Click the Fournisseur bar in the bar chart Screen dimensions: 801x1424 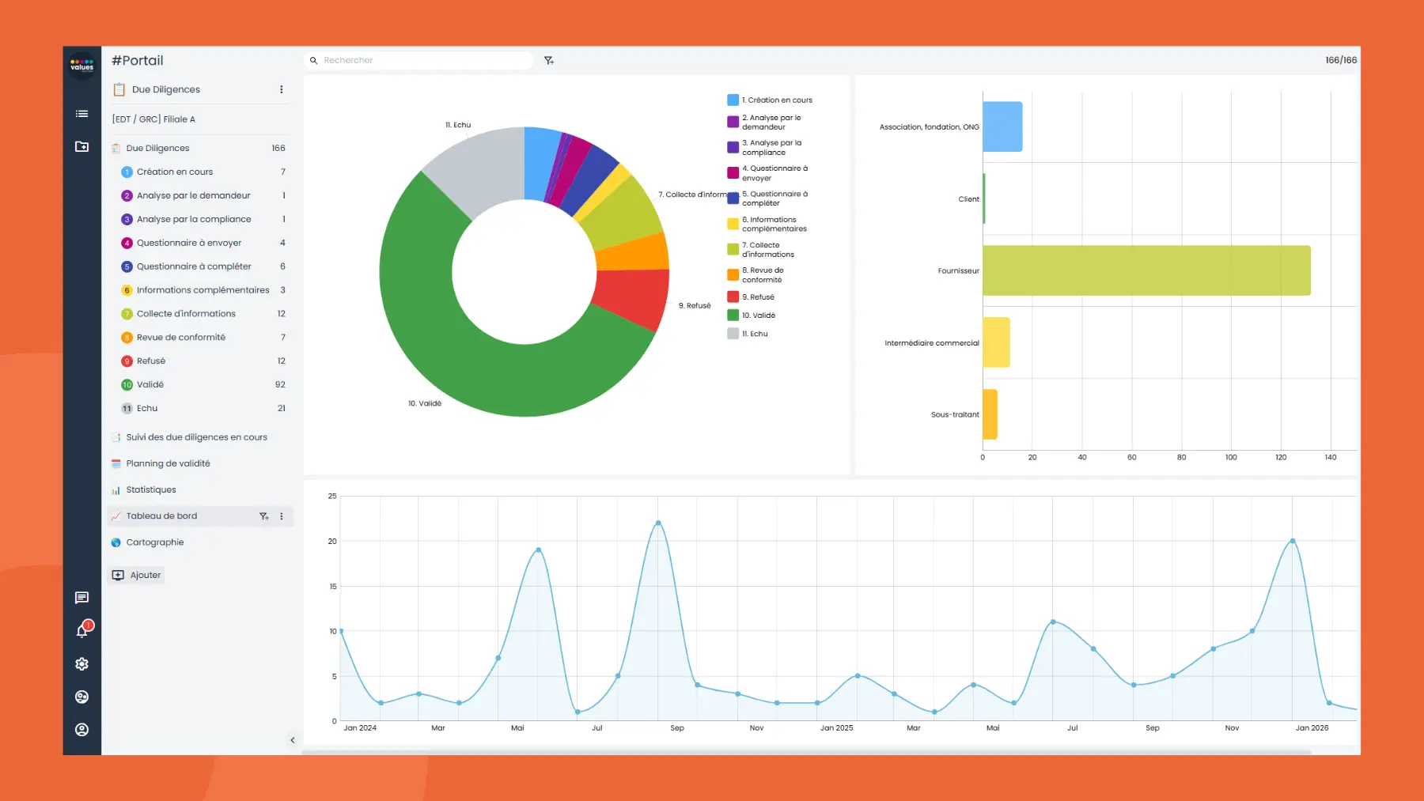(x=1146, y=270)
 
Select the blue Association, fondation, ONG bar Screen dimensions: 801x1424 (x=1002, y=127)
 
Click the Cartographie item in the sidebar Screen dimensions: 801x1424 (x=154, y=542)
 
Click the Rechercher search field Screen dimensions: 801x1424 (x=419, y=60)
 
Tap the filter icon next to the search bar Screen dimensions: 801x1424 (x=549, y=60)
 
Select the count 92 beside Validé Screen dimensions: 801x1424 (x=280, y=384)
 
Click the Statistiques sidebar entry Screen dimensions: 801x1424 (x=150, y=489)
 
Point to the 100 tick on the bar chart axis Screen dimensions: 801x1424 (x=1231, y=457)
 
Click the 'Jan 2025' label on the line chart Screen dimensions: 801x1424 (x=836, y=727)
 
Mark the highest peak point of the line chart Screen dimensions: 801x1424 (x=658, y=523)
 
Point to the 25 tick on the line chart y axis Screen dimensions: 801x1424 (x=332, y=496)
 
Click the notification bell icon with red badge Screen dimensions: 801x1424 (x=82, y=630)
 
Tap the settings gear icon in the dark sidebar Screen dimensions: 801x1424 (x=81, y=664)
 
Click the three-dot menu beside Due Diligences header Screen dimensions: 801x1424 (x=281, y=89)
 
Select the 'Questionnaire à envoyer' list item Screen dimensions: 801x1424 (x=188, y=243)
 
